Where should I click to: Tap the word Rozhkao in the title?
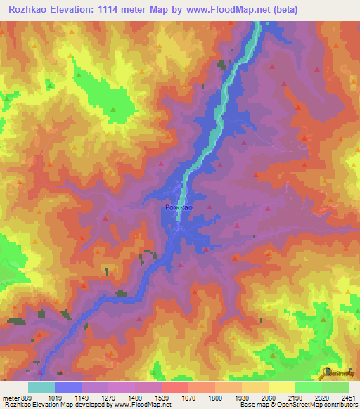[x=27, y=10]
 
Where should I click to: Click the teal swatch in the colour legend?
[x=41, y=387]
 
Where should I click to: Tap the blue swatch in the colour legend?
[x=68, y=387]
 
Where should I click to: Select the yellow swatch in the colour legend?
[x=282, y=387]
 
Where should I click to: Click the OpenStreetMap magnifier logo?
[x=329, y=372]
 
